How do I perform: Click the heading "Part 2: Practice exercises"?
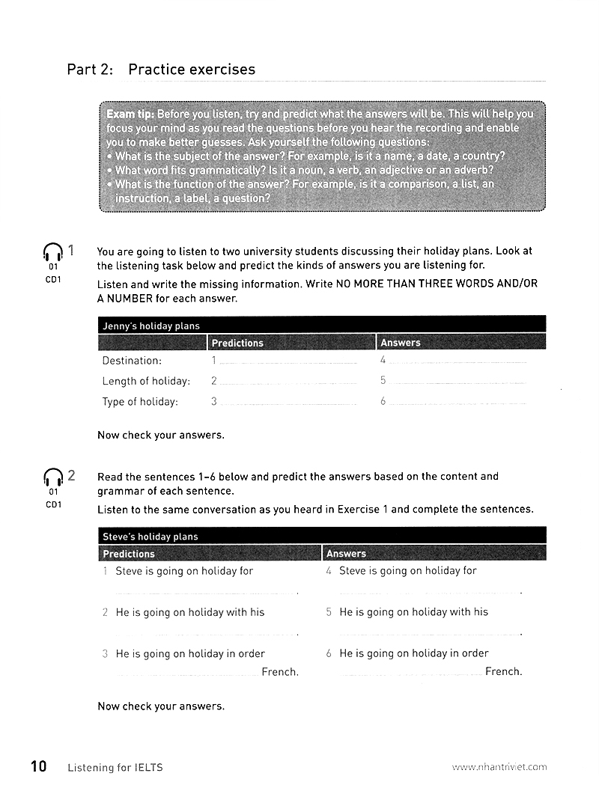coord(161,70)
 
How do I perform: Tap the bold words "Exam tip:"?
coord(130,114)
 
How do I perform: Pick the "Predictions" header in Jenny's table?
coord(237,343)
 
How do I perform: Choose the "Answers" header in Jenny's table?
coord(401,343)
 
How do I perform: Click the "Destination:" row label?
coord(132,361)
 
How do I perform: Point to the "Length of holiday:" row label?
coord(146,381)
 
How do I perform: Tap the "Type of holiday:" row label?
coord(140,402)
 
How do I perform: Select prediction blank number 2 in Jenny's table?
coord(289,382)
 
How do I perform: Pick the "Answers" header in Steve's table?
coord(346,554)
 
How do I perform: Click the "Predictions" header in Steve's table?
coord(128,554)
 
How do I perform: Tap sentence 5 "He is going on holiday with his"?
coord(413,612)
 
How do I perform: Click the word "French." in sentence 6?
coord(503,671)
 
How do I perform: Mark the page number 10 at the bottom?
coord(38,766)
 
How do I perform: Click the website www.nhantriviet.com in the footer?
coord(499,767)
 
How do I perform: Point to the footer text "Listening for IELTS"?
coord(115,767)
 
